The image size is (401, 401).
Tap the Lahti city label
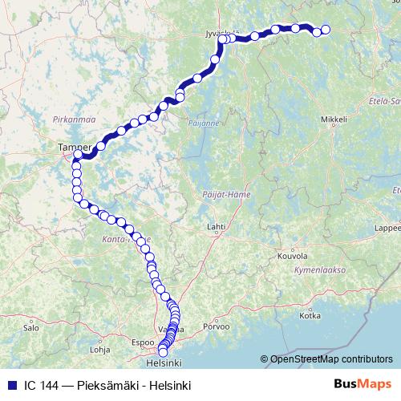pos(216,228)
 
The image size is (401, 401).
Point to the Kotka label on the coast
pos(310,316)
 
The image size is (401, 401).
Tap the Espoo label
pos(142,342)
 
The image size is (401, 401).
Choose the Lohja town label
pos(99,350)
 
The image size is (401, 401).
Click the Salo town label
pos(31,328)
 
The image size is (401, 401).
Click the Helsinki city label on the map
pos(164,360)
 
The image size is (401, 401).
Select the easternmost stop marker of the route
pos(326,30)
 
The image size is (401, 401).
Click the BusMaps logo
pos(363,385)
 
